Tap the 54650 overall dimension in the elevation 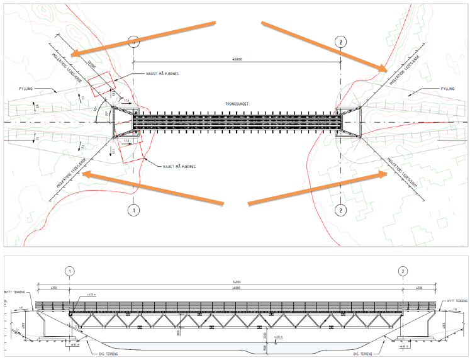coord(236,282)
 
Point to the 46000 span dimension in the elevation coord(236,288)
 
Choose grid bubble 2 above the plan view coord(340,42)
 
